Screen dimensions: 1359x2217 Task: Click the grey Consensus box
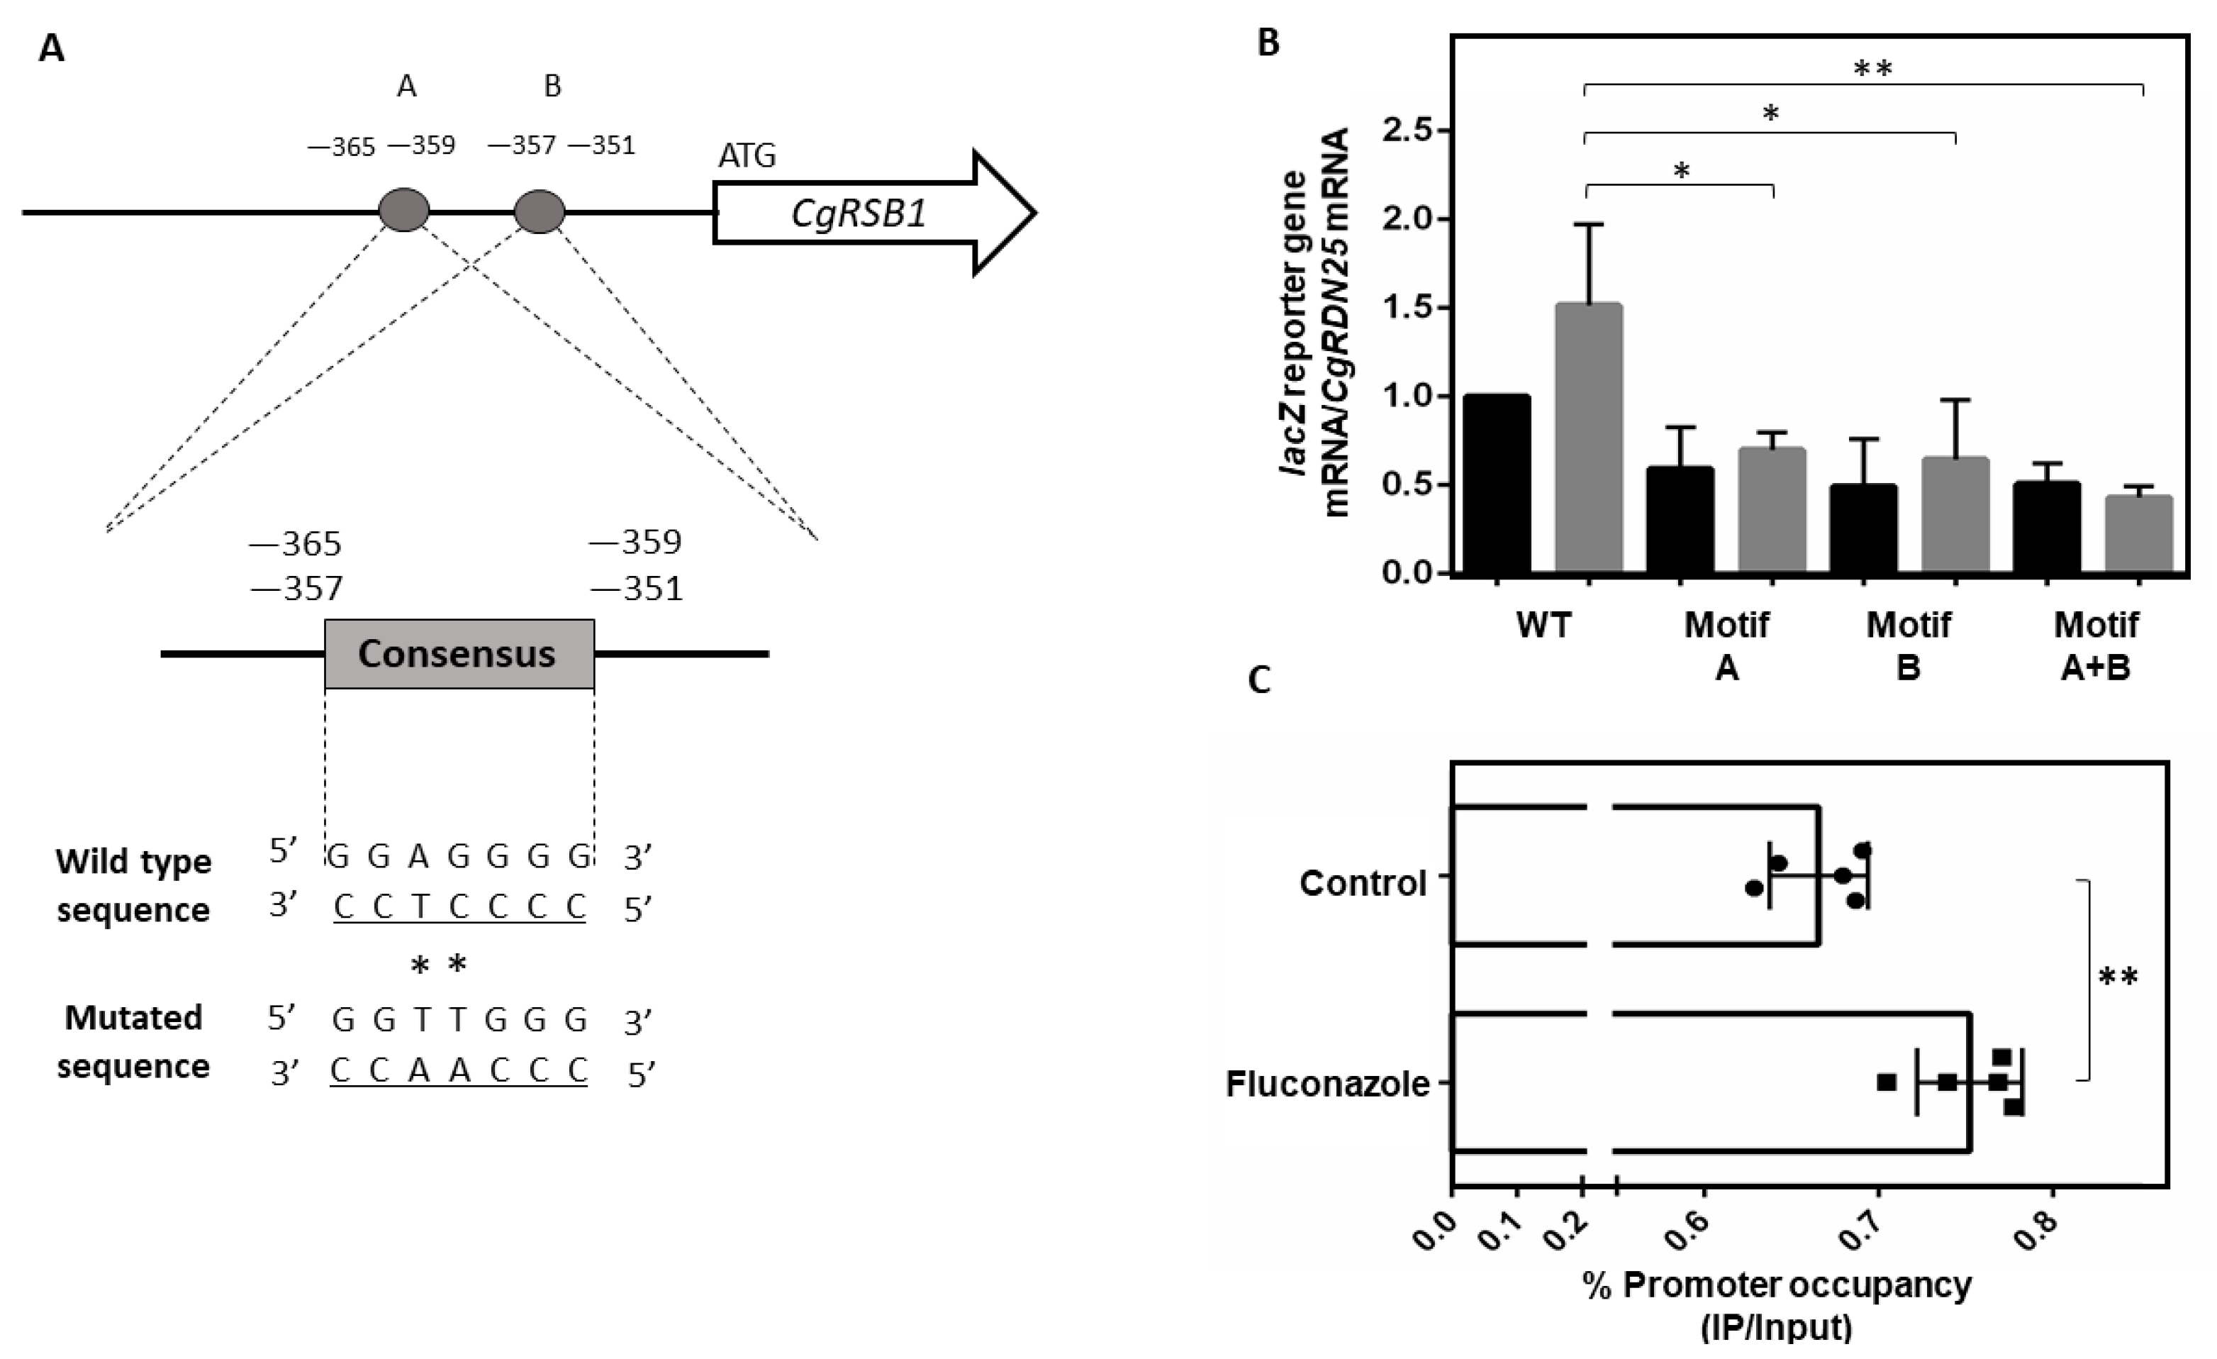pyautogui.click(x=459, y=654)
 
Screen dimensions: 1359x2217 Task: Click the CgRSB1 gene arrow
pyautogui.click(x=859, y=214)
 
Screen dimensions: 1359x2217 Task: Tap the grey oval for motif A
pyautogui.click(x=404, y=211)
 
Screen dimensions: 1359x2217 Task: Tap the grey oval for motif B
pyautogui.click(x=539, y=211)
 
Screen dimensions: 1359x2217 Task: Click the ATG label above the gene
pyautogui.click(x=746, y=157)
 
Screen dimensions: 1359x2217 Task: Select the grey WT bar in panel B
pyautogui.click(x=1588, y=438)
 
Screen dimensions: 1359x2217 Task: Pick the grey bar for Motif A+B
pyautogui.click(x=2139, y=533)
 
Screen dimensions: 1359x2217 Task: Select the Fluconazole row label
pyautogui.click(x=1327, y=1085)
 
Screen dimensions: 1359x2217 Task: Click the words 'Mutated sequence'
pyautogui.click(x=133, y=1042)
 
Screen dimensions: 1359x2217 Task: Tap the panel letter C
pyautogui.click(x=1260, y=682)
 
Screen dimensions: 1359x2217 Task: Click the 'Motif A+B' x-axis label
pyautogui.click(x=2096, y=646)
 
